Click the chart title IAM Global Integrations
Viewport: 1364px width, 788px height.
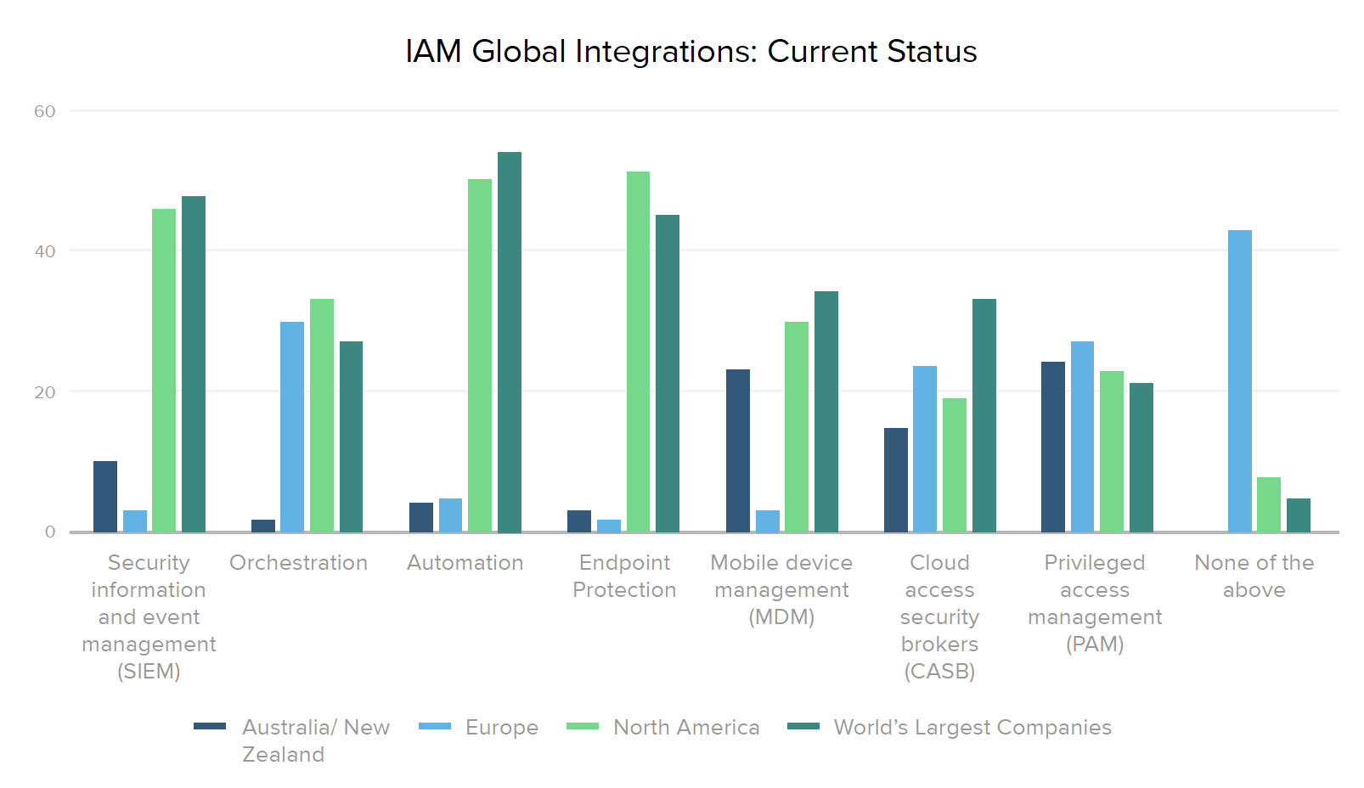click(690, 52)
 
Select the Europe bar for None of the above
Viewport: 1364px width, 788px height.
click(1239, 381)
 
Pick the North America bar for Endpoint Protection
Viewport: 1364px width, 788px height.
click(638, 352)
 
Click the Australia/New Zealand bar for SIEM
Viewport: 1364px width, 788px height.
click(105, 497)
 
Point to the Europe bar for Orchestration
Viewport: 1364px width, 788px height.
click(292, 427)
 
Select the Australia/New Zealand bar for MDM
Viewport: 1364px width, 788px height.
click(738, 451)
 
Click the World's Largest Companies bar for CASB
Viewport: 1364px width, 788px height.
click(984, 415)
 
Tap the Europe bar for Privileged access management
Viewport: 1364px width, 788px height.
click(1082, 436)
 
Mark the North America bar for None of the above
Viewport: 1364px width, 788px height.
click(1269, 505)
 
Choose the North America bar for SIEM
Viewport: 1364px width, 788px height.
click(164, 370)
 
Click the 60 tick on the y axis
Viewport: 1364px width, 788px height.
click(45, 111)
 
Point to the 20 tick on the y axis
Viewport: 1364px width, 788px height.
click(45, 392)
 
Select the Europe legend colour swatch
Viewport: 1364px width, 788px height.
click(434, 726)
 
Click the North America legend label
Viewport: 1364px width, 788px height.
click(686, 728)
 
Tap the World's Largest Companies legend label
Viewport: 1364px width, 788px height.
click(972, 728)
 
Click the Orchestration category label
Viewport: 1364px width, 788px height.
click(298, 563)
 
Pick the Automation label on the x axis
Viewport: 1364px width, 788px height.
click(465, 563)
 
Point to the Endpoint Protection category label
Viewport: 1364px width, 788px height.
click(624, 577)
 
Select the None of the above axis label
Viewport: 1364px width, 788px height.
click(1254, 577)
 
